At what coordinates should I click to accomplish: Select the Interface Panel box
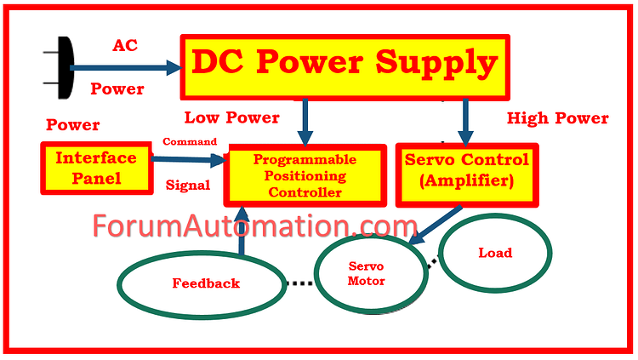(x=95, y=168)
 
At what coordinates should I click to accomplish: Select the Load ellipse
(x=494, y=254)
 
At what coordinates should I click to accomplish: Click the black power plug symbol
(x=54, y=66)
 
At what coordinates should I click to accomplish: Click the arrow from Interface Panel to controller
(x=189, y=157)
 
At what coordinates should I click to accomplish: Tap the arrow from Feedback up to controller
(x=242, y=233)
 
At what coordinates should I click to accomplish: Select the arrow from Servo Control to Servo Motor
(x=436, y=226)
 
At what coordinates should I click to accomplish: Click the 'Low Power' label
(x=232, y=117)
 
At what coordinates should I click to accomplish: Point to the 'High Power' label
(x=557, y=118)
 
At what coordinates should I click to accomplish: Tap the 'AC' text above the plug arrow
(x=125, y=44)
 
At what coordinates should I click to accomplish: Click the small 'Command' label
(x=189, y=141)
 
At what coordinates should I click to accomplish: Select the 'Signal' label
(x=188, y=184)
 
